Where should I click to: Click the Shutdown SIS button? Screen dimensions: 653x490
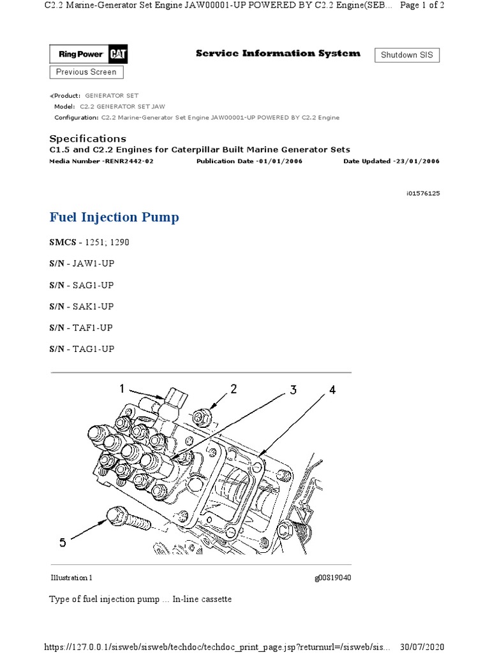[406, 55]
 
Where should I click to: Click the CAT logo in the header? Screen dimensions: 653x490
[117, 55]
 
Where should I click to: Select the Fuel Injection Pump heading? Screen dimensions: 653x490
[114, 217]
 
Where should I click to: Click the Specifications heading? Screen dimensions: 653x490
[87, 138]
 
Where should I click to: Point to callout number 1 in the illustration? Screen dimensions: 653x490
[122, 388]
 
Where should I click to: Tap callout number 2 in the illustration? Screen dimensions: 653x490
[234, 388]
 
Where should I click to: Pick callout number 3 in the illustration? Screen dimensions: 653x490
[293, 390]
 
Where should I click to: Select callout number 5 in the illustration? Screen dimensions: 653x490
[63, 543]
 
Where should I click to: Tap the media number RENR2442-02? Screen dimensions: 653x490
[127, 161]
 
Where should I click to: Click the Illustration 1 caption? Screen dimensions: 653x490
[71, 578]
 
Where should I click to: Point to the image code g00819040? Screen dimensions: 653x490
[332, 578]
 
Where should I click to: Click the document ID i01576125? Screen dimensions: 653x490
[419, 193]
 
